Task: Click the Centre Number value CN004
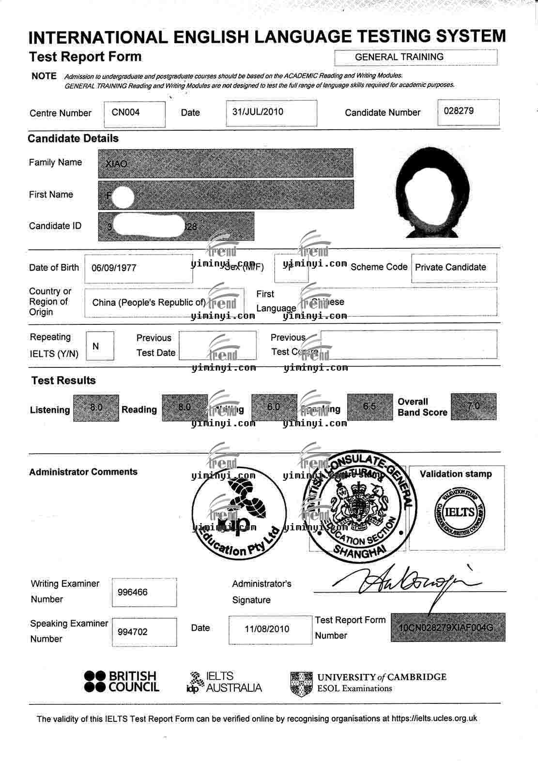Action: tap(126, 112)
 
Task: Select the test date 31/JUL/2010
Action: tap(258, 112)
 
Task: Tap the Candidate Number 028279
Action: tap(459, 111)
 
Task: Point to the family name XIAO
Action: tap(117, 164)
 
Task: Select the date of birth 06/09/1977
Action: tap(114, 268)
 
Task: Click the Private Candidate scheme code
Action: tap(450, 267)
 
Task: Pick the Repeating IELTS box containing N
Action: tap(96, 346)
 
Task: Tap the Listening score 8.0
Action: tap(96, 407)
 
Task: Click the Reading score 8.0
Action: tap(184, 407)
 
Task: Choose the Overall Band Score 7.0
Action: tap(473, 406)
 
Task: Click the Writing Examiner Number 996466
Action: tap(133, 592)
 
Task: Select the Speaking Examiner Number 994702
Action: tap(133, 632)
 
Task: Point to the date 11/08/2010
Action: tap(267, 629)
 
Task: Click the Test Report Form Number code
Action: tap(446, 628)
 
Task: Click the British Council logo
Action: tap(121, 682)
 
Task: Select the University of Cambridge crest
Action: tap(301, 683)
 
